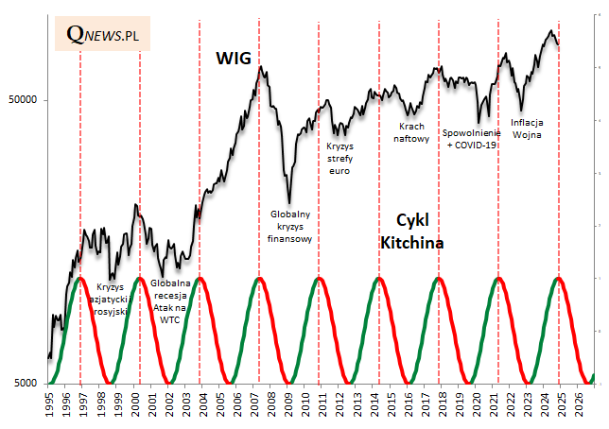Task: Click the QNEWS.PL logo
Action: point(103,34)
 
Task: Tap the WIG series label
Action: point(234,59)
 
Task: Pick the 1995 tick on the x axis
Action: point(49,404)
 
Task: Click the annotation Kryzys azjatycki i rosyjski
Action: point(110,299)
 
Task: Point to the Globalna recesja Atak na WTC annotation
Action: point(171,301)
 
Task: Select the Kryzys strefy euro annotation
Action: point(339,159)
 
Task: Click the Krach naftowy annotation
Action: point(411,132)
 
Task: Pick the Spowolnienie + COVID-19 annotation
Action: point(470,139)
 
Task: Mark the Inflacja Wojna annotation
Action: point(526,128)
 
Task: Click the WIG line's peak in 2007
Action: point(260,67)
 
